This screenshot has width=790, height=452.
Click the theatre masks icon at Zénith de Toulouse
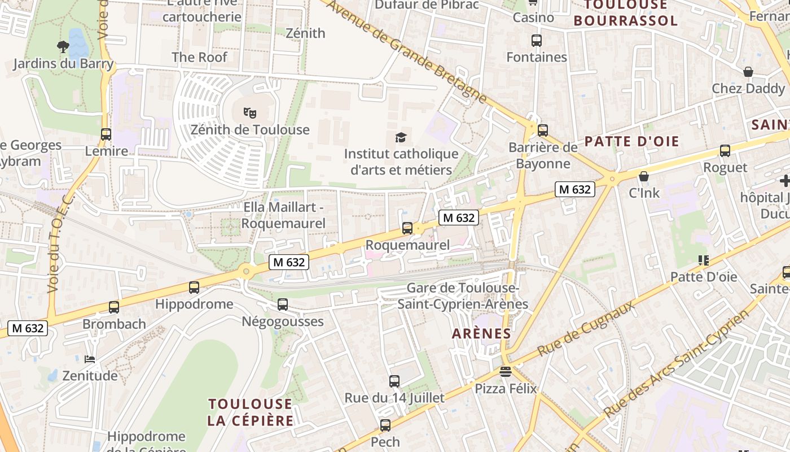click(249, 112)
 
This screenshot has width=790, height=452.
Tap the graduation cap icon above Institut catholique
click(401, 137)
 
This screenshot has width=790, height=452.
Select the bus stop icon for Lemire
click(106, 134)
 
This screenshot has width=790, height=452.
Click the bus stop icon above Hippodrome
click(194, 287)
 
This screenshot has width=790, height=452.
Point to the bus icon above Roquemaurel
click(407, 228)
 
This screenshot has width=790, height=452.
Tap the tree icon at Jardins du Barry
click(63, 46)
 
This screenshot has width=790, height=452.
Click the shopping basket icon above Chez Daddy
click(748, 72)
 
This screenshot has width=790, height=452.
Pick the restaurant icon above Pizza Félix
click(505, 372)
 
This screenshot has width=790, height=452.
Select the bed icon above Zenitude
click(90, 359)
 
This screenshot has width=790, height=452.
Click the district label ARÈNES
click(481, 333)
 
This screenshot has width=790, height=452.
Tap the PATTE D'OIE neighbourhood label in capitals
click(631, 141)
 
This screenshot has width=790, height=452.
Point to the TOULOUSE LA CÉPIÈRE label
click(251, 412)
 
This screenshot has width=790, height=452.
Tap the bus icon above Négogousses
click(283, 305)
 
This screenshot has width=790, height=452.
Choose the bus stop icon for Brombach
click(114, 307)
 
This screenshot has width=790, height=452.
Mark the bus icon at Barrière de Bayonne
click(543, 131)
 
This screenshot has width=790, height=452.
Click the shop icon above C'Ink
click(644, 176)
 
